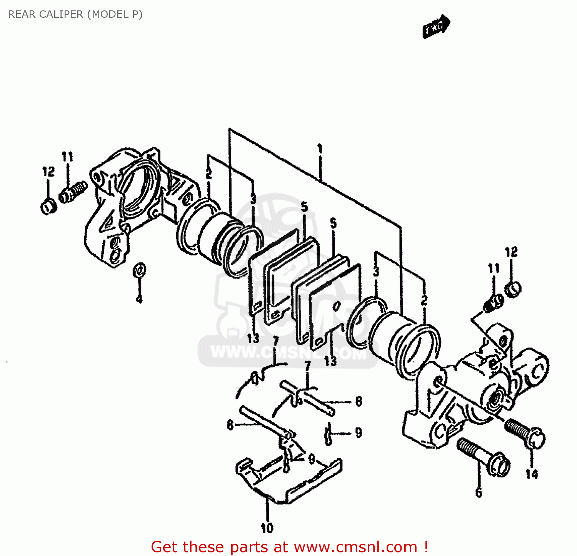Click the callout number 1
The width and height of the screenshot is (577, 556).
coord(320,149)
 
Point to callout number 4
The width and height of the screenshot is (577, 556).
coord(139,299)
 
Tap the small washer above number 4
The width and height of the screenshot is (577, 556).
coord(139,270)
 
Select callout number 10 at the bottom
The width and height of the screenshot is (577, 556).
coord(267,528)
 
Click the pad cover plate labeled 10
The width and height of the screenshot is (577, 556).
coord(288,481)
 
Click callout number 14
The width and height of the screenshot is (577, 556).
coord(532,474)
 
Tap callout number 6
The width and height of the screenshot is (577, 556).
coord(479,492)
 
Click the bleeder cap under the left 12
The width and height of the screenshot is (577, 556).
coord(49,207)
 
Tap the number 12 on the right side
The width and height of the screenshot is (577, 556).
coord(511,252)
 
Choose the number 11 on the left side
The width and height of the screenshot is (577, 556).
coord(67,157)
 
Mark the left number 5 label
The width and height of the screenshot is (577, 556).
coord(304,207)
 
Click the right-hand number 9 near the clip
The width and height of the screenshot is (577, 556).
coord(359,433)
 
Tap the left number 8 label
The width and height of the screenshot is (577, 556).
coord(230,425)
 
